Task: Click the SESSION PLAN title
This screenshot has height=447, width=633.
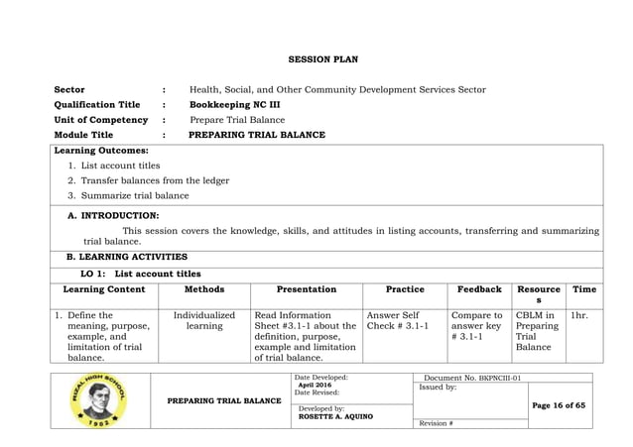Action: pyautogui.click(x=316, y=60)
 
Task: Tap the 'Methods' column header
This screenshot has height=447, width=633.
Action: pyautogui.click(x=204, y=289)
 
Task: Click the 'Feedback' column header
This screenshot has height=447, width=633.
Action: pyautogui.click(x=478, y=289)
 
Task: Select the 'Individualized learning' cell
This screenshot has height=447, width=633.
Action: pyautogui.click(x=204, y=321)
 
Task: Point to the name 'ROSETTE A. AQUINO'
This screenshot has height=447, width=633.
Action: pyautogui.click(x=332, y=416)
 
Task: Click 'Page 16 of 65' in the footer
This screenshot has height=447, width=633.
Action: pyautogui.click(x=561, y=406)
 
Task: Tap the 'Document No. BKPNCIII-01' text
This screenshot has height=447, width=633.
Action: pyautogui.click(x=472, y=379)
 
